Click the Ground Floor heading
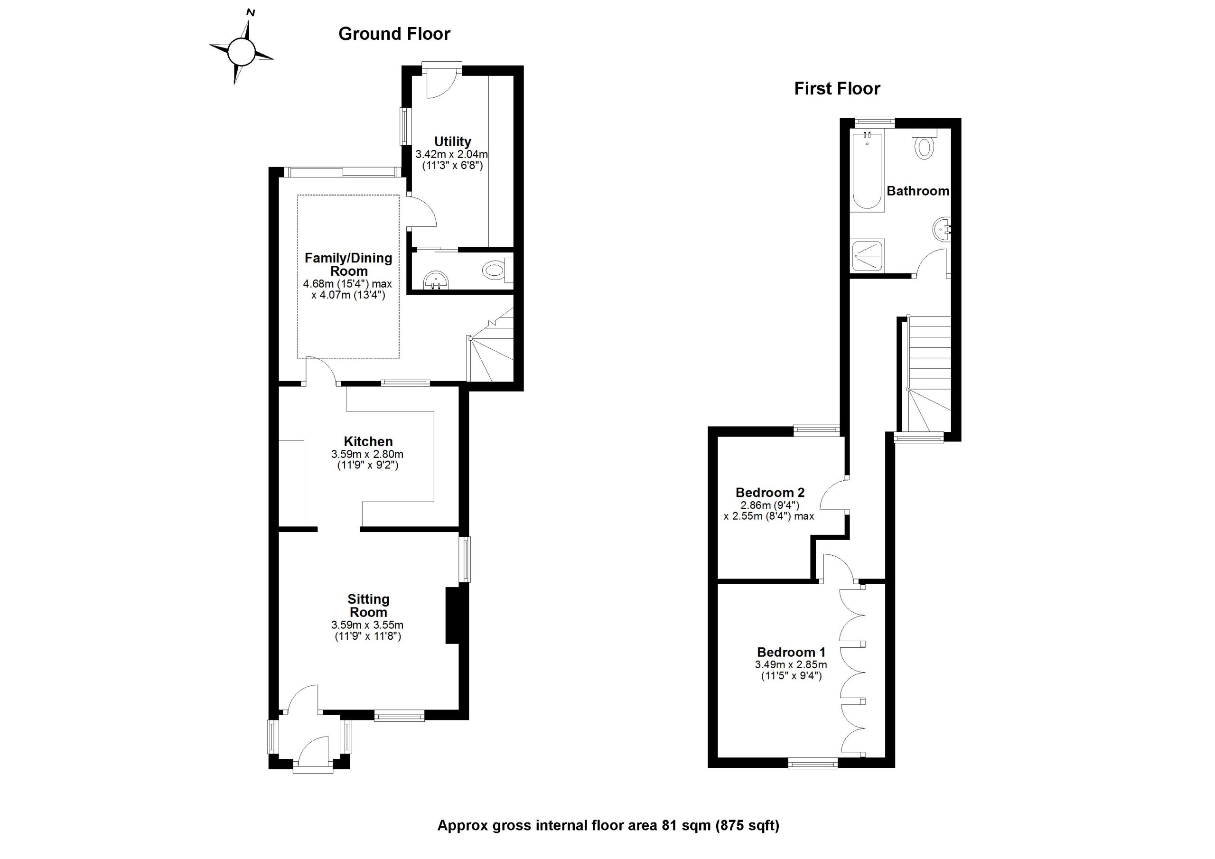pyautogui.click(x=394, y=34)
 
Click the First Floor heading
pyautogui.click(x=837, y=88)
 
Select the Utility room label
pyautogui.click(x=452, y=141)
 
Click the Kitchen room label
pyautogui.click(x=368, y=441)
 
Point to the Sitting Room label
pyautogui.click(x=368, y=606)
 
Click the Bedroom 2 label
pyautogui.click(x=770, y=492)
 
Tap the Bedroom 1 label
pyautogui.click(x=791, y=652)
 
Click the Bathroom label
pyautogui.click(x=917, y=191)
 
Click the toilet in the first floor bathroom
pyautogui.click(x=924, y=144)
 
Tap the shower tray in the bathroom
pyautogui.click(x=867, y=256)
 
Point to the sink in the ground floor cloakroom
pyautogui.click(x=437, y=280)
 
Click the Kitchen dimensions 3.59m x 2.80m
pyautogui.click(x=367, y=454)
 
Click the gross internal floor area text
pyautogui.click(x=608, y=825)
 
